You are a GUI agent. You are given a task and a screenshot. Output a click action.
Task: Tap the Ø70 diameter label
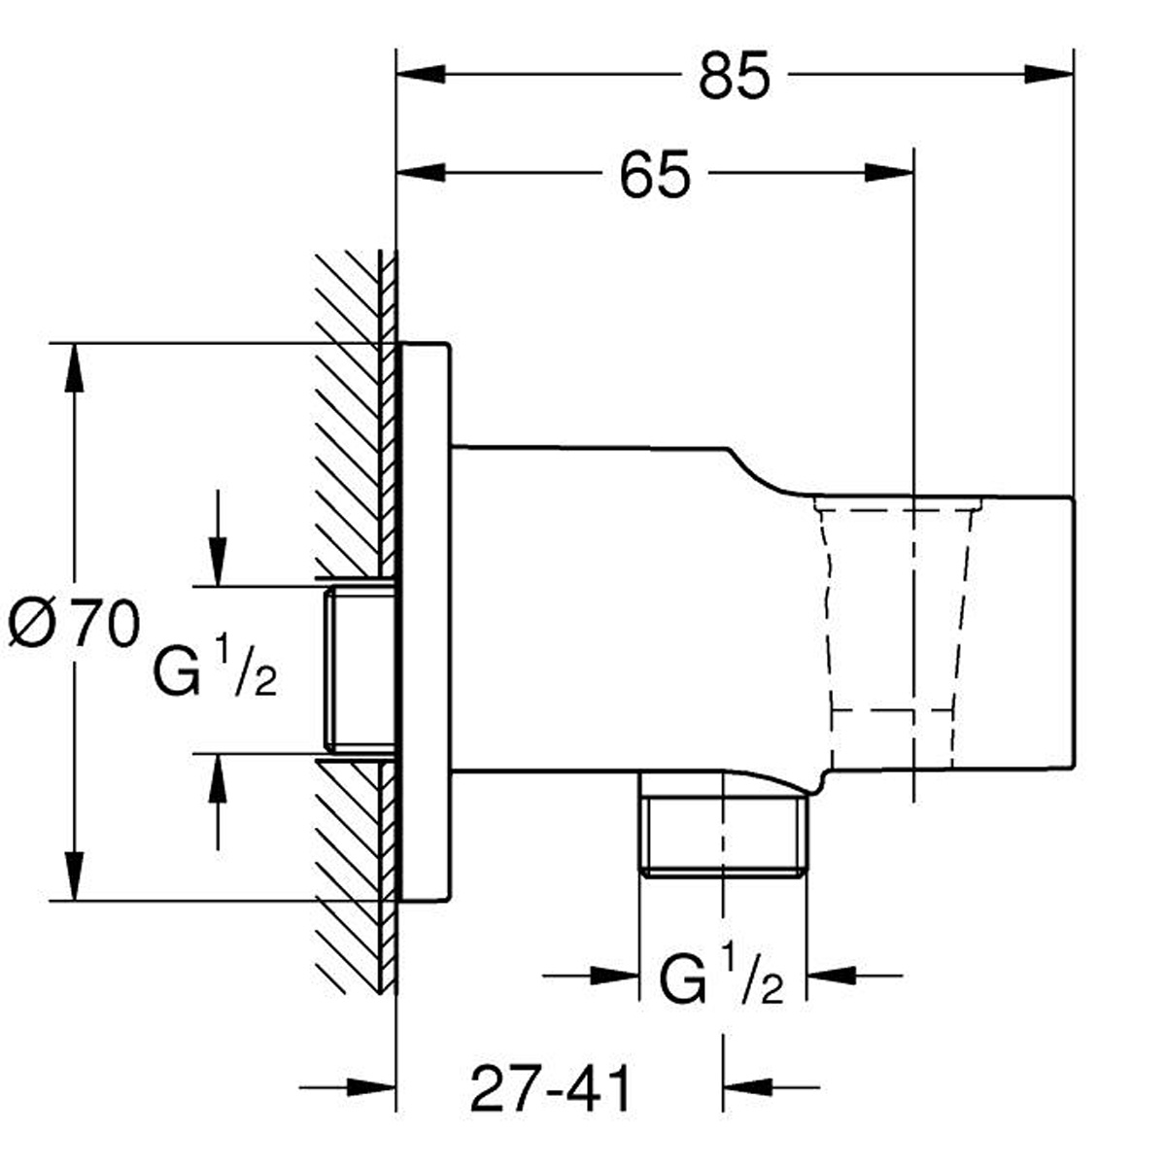75,623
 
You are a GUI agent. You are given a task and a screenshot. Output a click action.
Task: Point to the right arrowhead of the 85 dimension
1048,75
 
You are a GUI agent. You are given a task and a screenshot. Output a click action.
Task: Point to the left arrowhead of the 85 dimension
421,75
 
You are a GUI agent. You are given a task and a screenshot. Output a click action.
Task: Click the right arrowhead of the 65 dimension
889,173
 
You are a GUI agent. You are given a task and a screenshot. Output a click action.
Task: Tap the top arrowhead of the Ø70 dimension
75,368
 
